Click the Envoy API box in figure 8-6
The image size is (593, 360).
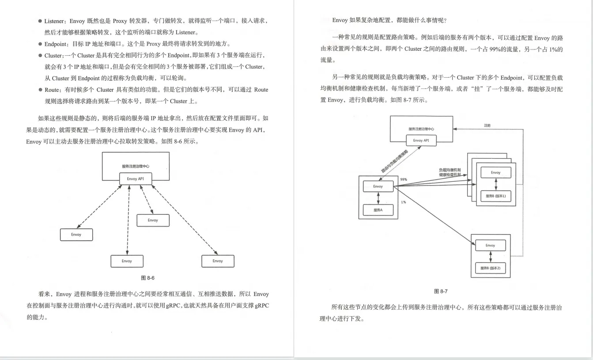pyautogui.click(x=135, y=179)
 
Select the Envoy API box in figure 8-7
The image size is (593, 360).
pyautogui.click(x=421, y=140)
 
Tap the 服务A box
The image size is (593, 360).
pyautogui.click(x=378, y=210)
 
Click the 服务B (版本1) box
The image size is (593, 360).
pyautogui.click(x=495, y=196)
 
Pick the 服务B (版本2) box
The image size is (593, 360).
pyautogui.click(x=490, y=268)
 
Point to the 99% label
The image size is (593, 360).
pyautogui.click(x=404, y=180)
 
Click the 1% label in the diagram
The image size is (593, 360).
pyautogui.click(x=403, y=202)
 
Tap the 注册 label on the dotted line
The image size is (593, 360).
pyautogui.click(x=487, y=125)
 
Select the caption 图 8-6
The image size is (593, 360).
pyautogui.click(x=147, y=278)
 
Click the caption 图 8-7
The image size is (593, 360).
pyautogui.click(x=441, y=292)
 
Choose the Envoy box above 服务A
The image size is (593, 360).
pyautogui.click(x=378, y=186)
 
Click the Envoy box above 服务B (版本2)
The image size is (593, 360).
pyautogui.click(x=490, y=245)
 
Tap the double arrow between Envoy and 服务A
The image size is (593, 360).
pyautogui.click(x=378, y=198)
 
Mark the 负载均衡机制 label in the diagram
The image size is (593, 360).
pyautogui.click(x=449, y=170)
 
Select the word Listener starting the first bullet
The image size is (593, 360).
pyautogui.click(x=55, y=21)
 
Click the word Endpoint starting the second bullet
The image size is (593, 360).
pyautogui.click(x=56, y=44)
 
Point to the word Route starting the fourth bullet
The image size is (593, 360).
pyautogui.click(x=52, y=90)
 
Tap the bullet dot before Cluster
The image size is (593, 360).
pyautogui.click(x=40, y=56)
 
